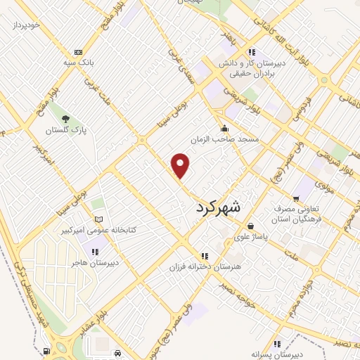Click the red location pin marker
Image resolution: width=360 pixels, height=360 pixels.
(181, 166)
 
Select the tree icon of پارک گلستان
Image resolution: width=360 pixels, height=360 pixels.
(65, 119)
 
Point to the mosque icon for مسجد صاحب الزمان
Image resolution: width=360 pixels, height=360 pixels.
(224, 128)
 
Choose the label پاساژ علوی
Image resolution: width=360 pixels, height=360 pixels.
(252, 238)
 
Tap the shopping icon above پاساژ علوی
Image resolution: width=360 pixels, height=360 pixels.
(252, 226)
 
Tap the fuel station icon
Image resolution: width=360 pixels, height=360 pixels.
(46, 351)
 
